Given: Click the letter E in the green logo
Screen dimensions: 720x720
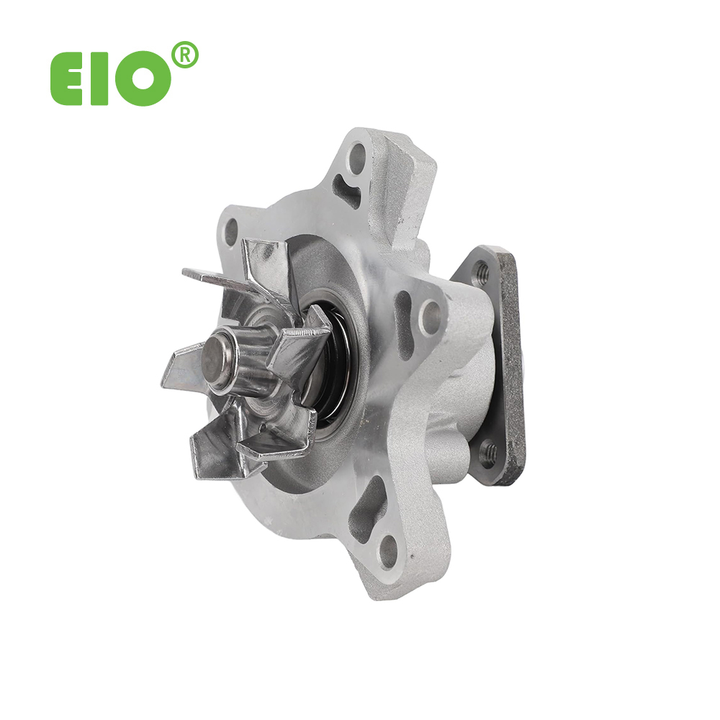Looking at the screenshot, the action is (66, 78).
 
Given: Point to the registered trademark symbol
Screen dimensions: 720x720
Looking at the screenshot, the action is (184, 55).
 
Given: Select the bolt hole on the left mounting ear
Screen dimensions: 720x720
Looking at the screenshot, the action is (231, 233).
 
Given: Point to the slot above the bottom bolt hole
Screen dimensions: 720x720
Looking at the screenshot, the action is (365, 508).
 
